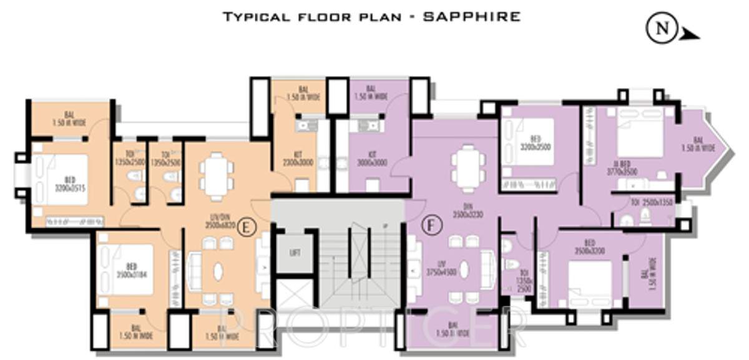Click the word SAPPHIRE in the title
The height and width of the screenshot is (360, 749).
coord(471,16)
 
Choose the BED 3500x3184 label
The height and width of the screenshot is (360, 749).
coord(128,271)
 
